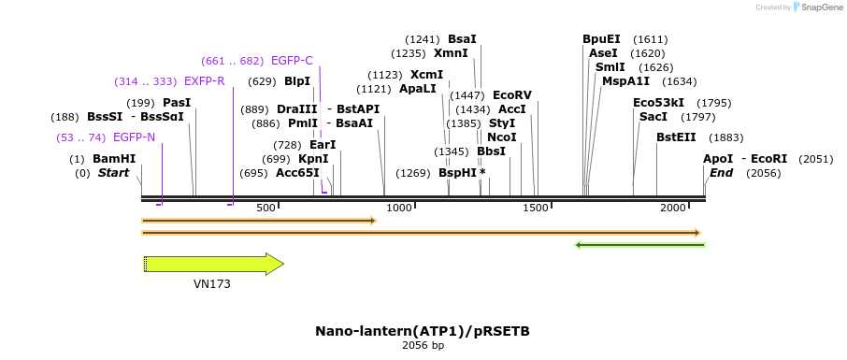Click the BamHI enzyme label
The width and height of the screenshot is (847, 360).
tap(114, 159)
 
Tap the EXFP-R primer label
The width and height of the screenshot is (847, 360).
tap(204, 81)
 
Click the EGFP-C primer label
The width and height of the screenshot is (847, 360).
tap(292, 61)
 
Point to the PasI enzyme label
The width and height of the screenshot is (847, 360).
tap(177, 103)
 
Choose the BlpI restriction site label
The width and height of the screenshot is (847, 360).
tap(296, 81)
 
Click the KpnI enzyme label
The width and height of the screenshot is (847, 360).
tap(313, 159)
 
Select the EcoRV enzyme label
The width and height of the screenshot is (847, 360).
tap(511, 95)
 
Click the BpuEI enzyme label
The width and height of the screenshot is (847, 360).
tap(601, 39)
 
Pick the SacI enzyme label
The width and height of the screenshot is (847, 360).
tap(653, 117)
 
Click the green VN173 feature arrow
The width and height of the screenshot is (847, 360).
tap(214, 265)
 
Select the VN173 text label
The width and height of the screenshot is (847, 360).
tap(212, 284)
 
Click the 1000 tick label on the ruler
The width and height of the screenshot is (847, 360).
tap(398, 208)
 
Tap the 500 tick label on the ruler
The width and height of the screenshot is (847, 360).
tap(266, 208)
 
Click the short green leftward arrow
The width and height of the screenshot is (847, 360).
tap(639, 245)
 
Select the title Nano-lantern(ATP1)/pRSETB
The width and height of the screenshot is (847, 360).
tap(423, 331)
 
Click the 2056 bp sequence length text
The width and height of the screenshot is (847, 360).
tap(423, 346)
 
